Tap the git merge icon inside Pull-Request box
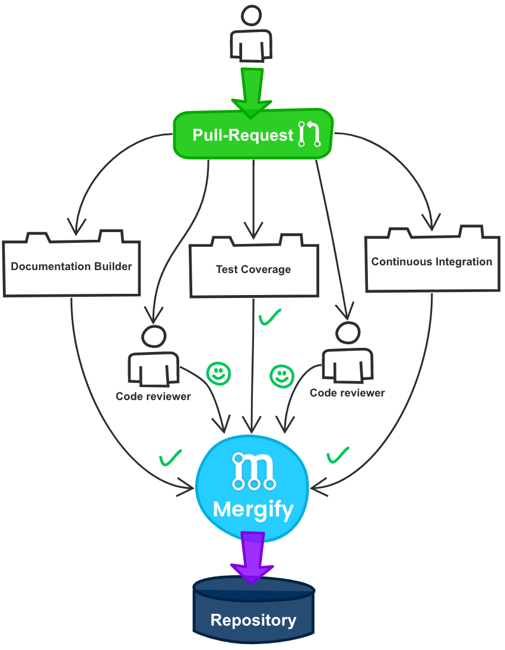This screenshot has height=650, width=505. coord(310,134)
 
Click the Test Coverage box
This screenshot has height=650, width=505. coord(253,269)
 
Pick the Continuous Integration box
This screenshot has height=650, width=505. coord(431,261)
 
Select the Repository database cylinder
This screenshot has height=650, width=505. coord(253,611)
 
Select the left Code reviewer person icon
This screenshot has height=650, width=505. coord(153,356)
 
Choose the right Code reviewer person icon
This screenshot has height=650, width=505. coord(347,353)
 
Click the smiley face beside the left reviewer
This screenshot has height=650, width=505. coord(218,373)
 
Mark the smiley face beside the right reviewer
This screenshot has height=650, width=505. coord(282,376)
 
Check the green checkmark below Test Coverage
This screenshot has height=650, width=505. coord(270,318)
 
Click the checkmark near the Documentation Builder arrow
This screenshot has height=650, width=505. coord(170,458)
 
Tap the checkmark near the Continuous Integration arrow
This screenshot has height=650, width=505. coord(338,455)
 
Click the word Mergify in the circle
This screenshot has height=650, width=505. coord(253,509)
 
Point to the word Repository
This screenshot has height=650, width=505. coord(253,620)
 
